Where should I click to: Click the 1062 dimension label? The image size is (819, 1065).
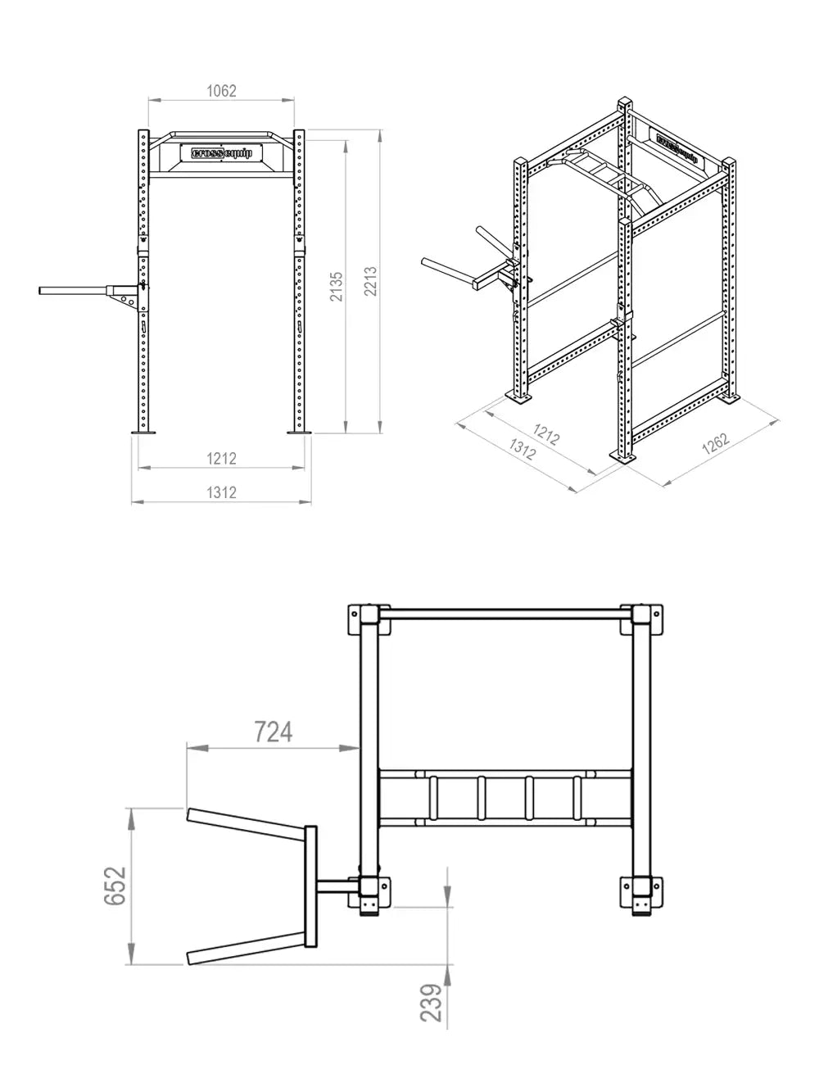[221, 91]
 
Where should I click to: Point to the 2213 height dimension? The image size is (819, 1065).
[370, 282]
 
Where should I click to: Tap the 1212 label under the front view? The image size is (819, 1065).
[221, 459]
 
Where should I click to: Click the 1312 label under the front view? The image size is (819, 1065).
[221, 492]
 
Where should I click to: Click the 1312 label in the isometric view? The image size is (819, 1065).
[523, 448]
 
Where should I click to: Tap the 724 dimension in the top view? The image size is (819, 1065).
[273, 731]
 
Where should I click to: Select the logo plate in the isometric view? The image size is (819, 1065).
[676, 147]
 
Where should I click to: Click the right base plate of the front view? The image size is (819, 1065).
[298, 433]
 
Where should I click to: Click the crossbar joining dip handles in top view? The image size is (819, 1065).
[310, 886]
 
